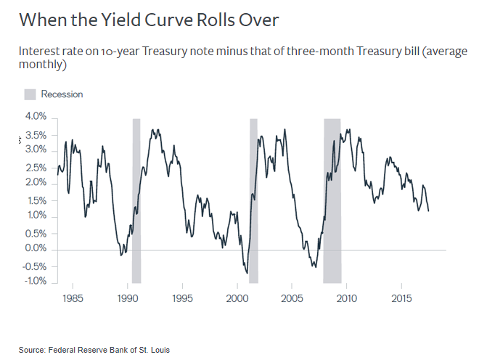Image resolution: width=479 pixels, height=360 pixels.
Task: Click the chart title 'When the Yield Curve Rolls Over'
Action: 149,20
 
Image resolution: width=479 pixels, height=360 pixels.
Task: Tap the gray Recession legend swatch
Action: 30,94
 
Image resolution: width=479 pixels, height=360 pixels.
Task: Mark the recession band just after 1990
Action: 136,200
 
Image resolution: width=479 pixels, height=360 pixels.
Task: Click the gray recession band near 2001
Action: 253,200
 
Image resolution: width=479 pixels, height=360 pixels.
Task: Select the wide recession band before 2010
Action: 332,200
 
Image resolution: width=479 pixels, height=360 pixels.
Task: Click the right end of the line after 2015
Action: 428,210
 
